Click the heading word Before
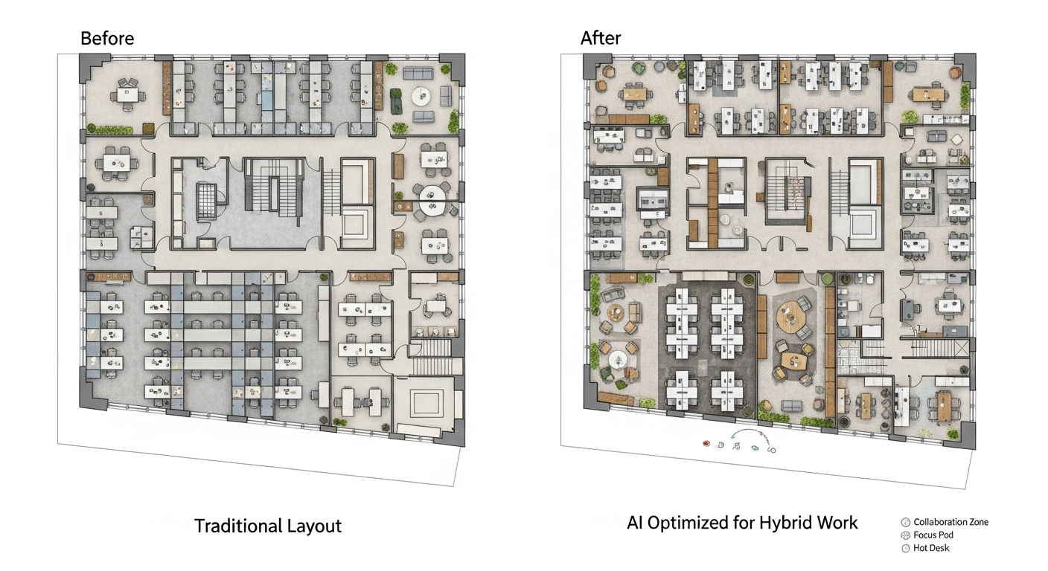(107, 39)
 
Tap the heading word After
(601, 38)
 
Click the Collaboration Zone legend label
(950, 522)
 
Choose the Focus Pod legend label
(933, 535)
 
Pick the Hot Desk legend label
(931, 548)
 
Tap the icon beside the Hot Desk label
(905, 548)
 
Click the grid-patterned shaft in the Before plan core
(205, 199)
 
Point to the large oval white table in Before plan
(432, 198)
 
